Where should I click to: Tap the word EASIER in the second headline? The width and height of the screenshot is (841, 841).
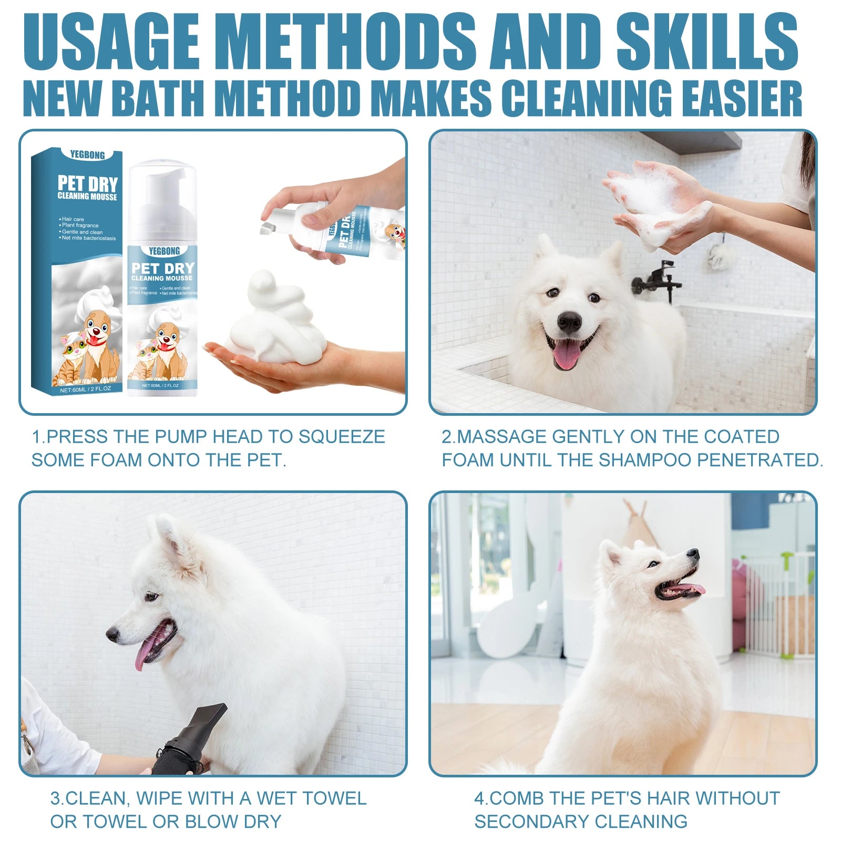735,98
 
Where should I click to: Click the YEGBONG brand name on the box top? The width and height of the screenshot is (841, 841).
87,155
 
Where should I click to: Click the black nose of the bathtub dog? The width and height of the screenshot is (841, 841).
569,322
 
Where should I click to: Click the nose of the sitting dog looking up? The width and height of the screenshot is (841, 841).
693,553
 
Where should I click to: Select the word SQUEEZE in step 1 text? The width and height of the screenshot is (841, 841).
342,437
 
